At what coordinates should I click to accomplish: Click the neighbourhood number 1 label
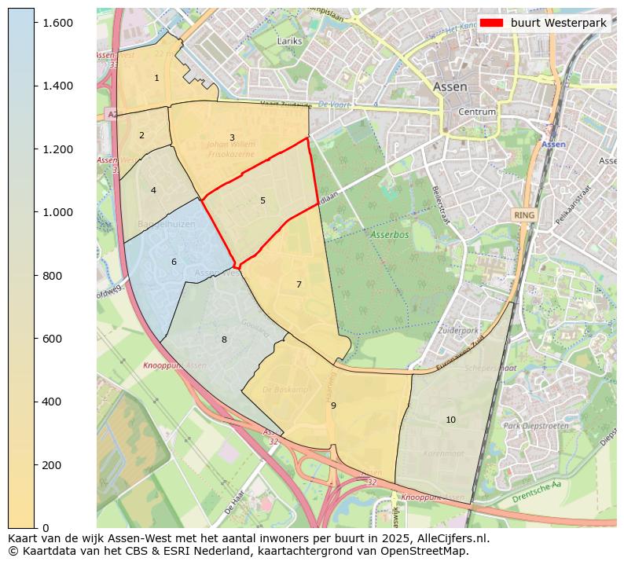point(156,78)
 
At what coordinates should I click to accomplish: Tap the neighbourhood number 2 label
point(141,135)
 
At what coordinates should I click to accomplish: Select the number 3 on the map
point(232,138)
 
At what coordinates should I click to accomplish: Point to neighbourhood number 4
point(153,190)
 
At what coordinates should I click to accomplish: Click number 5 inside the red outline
point(262,200)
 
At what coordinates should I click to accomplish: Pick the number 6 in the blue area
point(174,262)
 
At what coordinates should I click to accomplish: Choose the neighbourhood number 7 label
point(299,284)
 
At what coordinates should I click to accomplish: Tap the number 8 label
point(224,339)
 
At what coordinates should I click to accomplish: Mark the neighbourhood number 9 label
point(333,405)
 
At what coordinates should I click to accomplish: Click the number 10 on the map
point(450,420)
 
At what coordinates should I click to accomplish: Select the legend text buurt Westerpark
point(558,23)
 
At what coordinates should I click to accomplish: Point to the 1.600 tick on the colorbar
point(57,23)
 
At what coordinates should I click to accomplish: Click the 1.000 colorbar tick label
point(57,212)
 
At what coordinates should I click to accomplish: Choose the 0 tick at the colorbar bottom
point(46,527)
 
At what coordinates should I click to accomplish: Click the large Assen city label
point(450,86)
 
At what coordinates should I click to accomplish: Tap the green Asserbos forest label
point(391,235)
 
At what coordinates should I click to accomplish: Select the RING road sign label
point(523,215)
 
